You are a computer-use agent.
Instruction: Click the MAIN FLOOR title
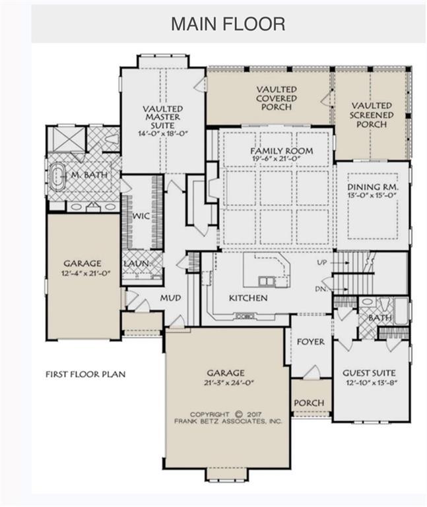point(228,24)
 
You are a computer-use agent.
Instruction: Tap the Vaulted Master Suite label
point(163,117)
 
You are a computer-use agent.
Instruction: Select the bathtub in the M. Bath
point(59,176)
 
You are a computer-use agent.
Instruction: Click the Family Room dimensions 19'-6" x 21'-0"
point(276,158)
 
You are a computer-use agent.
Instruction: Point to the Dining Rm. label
point(373,187)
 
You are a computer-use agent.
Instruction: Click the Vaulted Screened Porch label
point(372,115)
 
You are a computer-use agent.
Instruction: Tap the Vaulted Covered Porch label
point(277,98)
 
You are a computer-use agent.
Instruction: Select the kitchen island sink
point(267,281)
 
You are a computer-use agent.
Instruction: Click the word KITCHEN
point(248,298)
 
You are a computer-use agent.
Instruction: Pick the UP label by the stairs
point(322,263)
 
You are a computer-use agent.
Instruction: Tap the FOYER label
point(311,342)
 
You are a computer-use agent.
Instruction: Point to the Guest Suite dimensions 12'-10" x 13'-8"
point(372,382)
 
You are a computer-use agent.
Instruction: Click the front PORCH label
point(309,403)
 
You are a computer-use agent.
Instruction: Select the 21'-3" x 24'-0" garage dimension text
point(225,383)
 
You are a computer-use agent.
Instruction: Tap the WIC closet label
point(141,215)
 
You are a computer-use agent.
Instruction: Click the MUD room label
point(170,298)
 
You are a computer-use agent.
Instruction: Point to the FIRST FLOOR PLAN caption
point(85,374)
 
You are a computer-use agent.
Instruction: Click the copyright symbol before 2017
point(238,414)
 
